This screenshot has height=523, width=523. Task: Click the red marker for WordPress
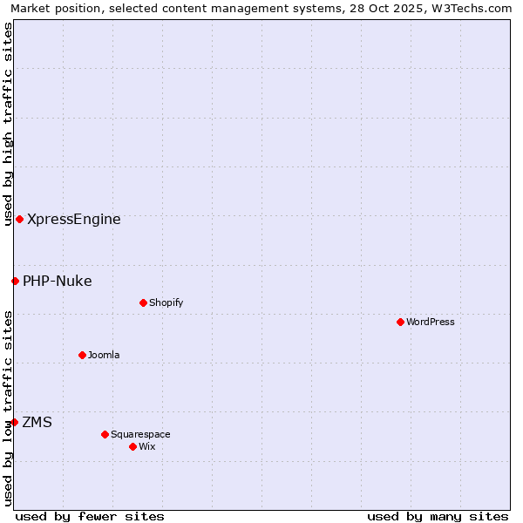pyautogui.click(x=400, y=322)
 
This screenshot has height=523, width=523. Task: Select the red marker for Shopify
pyautogui.click(x=143, y=302)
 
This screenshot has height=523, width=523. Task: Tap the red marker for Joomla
pyautogui.click(x=82, y=355)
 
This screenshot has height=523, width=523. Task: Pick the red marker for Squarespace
pyautogui.click(x=105, y=434)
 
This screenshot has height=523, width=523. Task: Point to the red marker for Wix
pyautogui.click(x=132, y=446)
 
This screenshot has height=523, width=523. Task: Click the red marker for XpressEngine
pyautogui.click(x=19, y=219)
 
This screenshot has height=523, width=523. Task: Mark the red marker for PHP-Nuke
pyautogui.click(x=15, y=281)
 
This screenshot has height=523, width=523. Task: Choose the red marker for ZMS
pyautogui.click(x=14, y=422)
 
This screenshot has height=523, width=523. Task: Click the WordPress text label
pyautogui.click(x=431, y=322)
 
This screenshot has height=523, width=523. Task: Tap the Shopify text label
pyautogui.click(x=166, y=302)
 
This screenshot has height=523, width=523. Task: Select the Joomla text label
pyautogui.click(x=104, y=355)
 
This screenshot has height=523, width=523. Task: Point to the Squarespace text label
pyautogui.click(x=140, y=434)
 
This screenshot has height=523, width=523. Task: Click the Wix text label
pyautogui.click(x=147, y=446)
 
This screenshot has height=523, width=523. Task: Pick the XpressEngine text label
pyautogui.click(x=74, y=219)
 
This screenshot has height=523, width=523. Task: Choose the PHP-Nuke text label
pyautogui.click(x=58, y=281)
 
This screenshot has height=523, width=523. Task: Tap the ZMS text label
pyautogui.click(x=37, y=422)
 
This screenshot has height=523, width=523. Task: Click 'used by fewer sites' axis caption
pyautogui.click(x=90, y=516)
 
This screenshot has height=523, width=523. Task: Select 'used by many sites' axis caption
pyautogui.click(x=438, y=516)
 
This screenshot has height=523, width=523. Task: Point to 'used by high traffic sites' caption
pyautogui.click(x=8, y=124)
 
